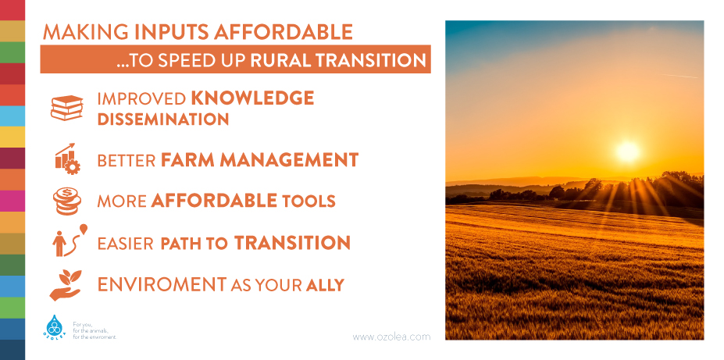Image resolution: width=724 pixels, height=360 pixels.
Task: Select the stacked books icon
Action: [67, 108]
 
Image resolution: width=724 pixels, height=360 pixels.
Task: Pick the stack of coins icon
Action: [67, 201]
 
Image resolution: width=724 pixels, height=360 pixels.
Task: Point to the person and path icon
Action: [70, 241]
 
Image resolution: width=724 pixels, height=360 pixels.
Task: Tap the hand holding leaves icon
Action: [66, 285]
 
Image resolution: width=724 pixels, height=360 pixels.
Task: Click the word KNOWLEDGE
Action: [252, 98]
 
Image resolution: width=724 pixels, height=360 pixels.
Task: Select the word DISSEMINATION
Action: [163, 119]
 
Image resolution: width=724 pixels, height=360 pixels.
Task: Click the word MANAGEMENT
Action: [289, 159]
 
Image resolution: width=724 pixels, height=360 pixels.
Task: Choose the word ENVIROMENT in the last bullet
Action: [162, 285]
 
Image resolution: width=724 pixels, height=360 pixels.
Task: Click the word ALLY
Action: [325, 285]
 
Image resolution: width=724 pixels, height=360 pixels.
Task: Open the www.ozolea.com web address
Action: [391, 337]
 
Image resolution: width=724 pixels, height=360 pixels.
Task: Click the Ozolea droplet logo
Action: [55, 326]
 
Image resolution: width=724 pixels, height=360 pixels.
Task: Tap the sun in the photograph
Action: [627, 151]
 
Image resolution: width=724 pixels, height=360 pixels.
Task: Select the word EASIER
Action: [125, 243]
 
